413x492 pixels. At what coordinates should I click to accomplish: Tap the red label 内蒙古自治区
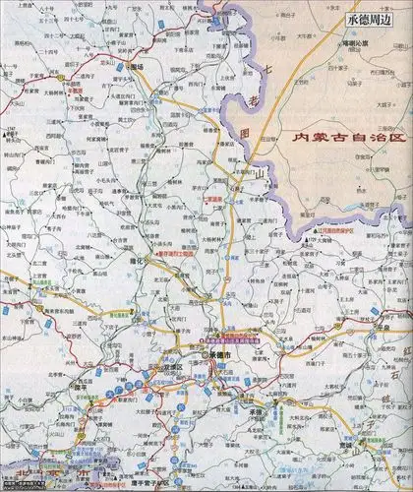click(x=344, y=140)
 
